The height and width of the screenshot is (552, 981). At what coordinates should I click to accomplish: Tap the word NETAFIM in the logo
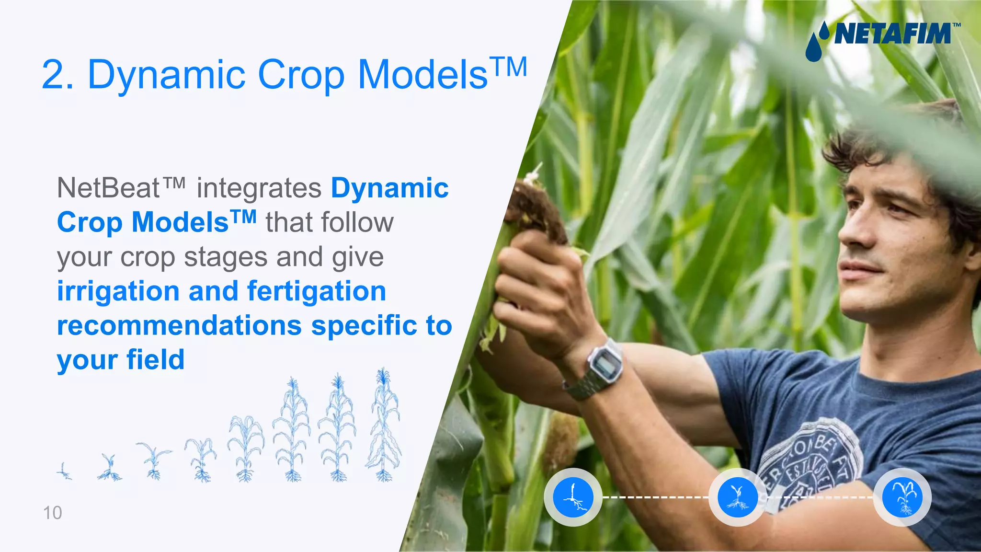[x=892, y=34]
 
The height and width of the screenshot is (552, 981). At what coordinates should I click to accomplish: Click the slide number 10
[x=53, y=513]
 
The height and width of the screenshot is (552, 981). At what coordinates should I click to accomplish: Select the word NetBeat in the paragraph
[x=108, y=188]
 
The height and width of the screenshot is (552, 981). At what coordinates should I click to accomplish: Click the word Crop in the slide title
[x=301, y=75]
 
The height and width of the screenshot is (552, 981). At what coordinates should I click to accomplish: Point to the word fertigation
[x=317, y=291]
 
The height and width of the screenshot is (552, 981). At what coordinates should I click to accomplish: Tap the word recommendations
[x=179, y=326]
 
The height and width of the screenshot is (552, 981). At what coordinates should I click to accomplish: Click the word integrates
[x=259, y=188]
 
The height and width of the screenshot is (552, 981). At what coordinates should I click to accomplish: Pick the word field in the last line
[x=155, y=360]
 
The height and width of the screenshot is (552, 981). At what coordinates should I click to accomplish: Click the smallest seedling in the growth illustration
[x=64, y=471]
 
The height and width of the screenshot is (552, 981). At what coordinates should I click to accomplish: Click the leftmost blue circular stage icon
[x=573, y=497]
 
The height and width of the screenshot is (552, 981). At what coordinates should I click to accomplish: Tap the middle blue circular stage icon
[x=738, y=497]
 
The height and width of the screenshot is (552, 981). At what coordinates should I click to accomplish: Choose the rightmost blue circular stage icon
[x=902, y=497]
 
